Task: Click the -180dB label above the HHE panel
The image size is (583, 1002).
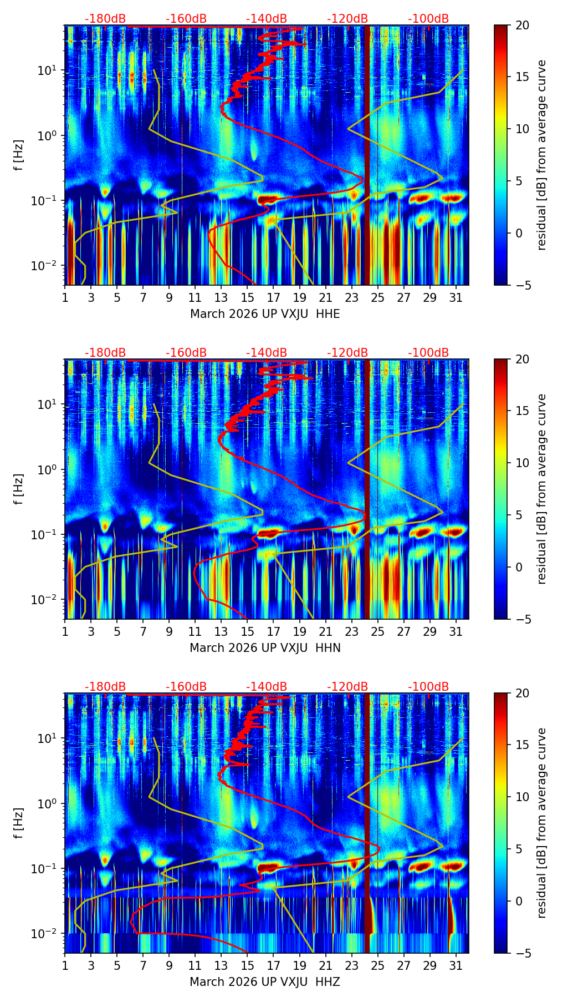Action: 105,19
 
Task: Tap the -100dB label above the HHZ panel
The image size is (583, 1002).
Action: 428,687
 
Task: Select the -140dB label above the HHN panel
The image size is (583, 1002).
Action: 267,353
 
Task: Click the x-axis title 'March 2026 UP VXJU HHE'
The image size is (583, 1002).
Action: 265,314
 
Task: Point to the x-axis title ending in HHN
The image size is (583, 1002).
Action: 265,648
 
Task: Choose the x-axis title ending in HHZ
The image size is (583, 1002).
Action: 265,982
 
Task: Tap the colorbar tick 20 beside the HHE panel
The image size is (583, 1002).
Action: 523,25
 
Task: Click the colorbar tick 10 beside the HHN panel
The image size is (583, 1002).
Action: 523,463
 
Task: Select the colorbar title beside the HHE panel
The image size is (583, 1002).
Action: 541,155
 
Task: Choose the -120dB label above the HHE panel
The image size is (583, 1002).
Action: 347,19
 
